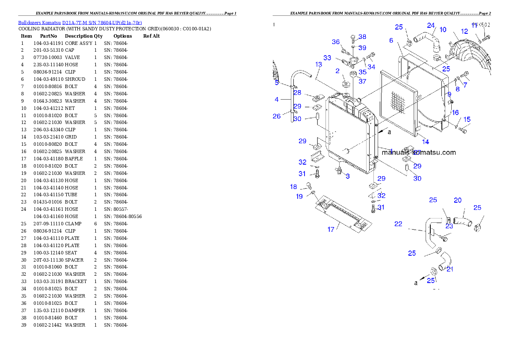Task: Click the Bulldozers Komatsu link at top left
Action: click(x=80, y=22)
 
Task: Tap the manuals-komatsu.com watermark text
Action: click(x=418, y=152)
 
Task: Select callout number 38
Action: click(x=362, y=37)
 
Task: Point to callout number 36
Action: click(x=336, y=42)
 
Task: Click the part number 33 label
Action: click(x=327, y=58)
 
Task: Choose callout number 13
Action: click(x=319, y=65)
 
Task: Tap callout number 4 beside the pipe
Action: click(x=277, y=100)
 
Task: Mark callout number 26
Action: click(x=277, y=116)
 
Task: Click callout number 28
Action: click(x=297, y=93)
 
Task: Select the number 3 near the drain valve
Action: click(x=348, y=176)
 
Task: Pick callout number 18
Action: click(x=293, y=187)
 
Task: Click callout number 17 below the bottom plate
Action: click(x=331, y=230)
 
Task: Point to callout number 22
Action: click(x=398, y=224)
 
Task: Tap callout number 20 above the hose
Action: click(x=458, y=200)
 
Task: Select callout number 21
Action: click(x=450, y=269)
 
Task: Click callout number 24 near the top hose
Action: click(x=431, y=26)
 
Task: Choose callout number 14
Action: click(x=426, y=142)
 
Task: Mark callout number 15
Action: click(x=467, y=119)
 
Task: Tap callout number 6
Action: click(x=391, y=41)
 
